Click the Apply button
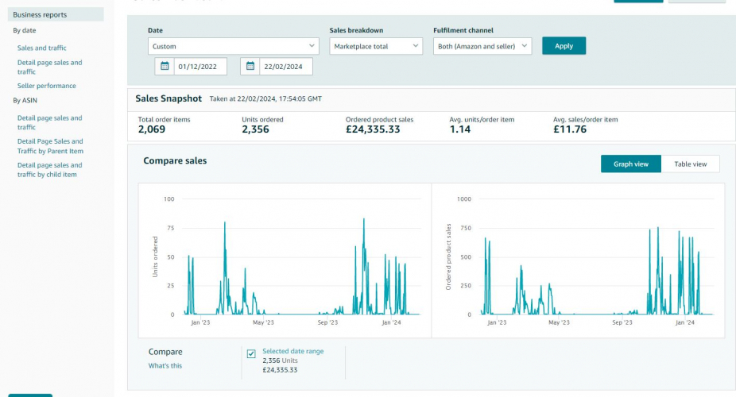pyautogui.click(x=564, y=46)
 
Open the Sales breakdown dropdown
pyautogui.click(x=376, y=47)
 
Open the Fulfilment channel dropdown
pyautogui.click(x=482, y=47)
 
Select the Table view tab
pyautogui.click(x=690, y=164)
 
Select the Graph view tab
pyautogui.click(x=630, y=164)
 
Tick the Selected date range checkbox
pyautogui.click(x=251, y=353)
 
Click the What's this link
pyautogui.click(x=165, y=366)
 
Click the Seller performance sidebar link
pyautogui.click(x=47, y=86)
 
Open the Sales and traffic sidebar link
pyautogui.click(x=42, y=48)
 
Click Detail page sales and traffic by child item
pyautogui.click(x=49, y=170)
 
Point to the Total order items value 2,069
pyautogui.click(x=152, y=129)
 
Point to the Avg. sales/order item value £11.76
pyautogui.click(x=569, y=129)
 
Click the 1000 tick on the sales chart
pyautogui.click(x=463, y=199)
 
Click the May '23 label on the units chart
pyautogui.click(x=263, y=323)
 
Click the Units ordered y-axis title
pyautogui.click(x=156, y=256)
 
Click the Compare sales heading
pyautogui.click(x=175, y=161)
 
